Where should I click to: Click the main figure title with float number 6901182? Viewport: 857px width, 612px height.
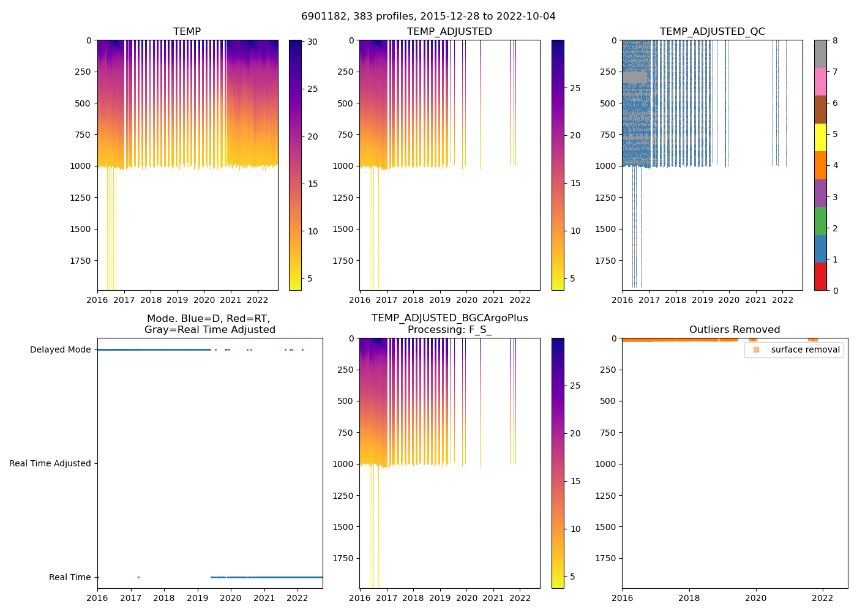tap(428, 17)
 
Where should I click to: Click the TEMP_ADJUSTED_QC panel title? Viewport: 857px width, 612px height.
tap(712, 31)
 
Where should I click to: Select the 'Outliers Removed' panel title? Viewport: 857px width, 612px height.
tap(734, 329)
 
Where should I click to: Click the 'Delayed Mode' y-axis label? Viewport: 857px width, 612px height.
tap(60, 349)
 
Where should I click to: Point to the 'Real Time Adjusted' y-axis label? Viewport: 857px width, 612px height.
tap(50, 463)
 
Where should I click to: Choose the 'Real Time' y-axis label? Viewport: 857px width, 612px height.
tap(70, 577)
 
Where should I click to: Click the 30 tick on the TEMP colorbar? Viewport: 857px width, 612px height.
tap(312, 42)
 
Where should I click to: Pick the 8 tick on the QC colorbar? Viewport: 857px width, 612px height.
tap(835, 40)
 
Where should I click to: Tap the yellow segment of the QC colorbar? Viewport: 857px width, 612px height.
tap(820, 137)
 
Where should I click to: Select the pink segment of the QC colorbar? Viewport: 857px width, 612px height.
tap(820, 81)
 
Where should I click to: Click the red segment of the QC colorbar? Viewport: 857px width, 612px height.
tap(820, 276)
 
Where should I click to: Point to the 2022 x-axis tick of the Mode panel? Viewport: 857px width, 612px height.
tap(298, 598)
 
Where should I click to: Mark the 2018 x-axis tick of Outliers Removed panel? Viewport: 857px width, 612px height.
tap(689, 598)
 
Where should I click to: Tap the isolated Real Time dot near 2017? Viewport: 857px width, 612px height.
tap(138, 577)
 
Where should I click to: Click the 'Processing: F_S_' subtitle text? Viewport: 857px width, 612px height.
tap(449, 329)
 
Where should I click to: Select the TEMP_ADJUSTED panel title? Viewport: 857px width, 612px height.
tap(449, 31)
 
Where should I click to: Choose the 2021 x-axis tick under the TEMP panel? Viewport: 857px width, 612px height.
tap(231, 300)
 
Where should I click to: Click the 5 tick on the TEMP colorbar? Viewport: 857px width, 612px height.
tap(310, 278)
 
